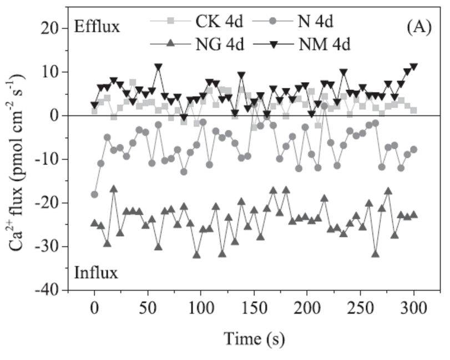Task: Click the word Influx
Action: point(95,273)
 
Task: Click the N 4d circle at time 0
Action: point(94,194)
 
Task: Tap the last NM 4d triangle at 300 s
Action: point(413,67)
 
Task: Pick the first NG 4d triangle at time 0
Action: point(94,223)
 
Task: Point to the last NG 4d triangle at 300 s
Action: point(413,215)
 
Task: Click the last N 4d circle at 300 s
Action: point(413,150)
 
